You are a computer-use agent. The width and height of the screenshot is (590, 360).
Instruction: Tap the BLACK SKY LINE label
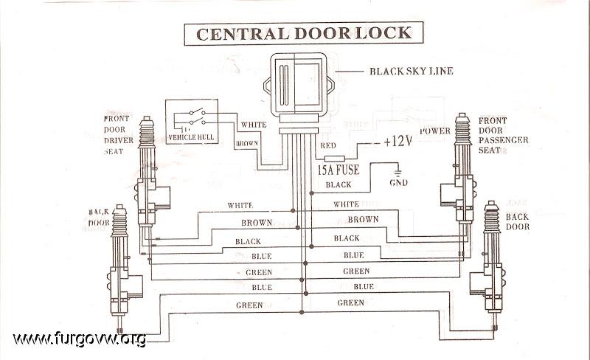[x=411, y=72]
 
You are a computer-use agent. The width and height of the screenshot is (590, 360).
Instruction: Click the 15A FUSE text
[x=338, y=170]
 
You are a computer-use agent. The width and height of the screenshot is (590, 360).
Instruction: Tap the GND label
[x=398, y=182]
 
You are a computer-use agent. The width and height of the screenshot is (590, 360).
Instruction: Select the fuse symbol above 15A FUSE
[x=334, y=157]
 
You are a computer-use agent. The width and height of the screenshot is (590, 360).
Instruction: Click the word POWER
[x=435, y=131]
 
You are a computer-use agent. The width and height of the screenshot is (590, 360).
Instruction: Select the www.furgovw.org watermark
[x=80, y=339]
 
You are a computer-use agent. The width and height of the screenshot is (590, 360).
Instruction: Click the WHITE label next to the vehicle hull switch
[x=253, y=124]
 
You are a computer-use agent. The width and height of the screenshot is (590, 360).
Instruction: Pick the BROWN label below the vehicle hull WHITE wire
[x=247, y=142]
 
